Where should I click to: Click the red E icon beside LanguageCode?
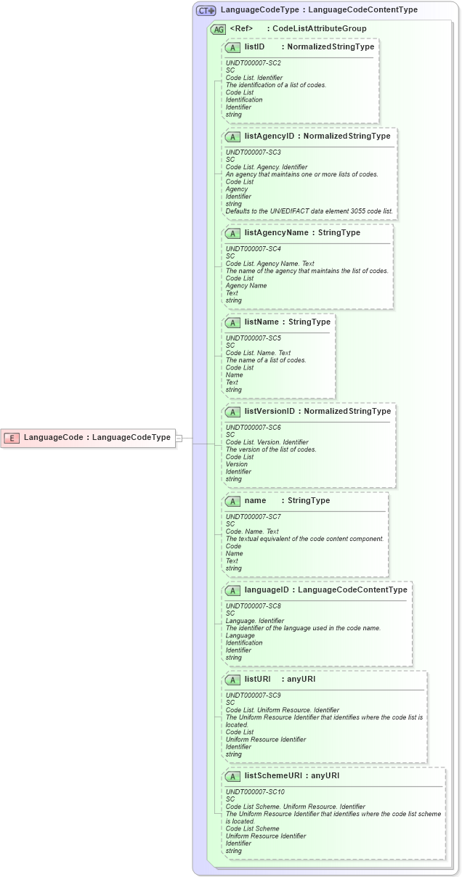pyautogui.click(x=12, y=438)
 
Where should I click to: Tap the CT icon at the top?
pyautogui.click(x=206, y=10)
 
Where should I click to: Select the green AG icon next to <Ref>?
pyautogui.click(x=218, y=30)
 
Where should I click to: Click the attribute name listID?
pyautogui.click(x=255, y=46)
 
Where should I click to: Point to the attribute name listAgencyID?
pyautogui.click(x=269, y=136)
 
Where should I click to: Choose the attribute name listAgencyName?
pyautogui.click(x=276, y=233)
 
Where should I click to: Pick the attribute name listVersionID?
pyautogui.click(x=269, y=412)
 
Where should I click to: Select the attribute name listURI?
pyautogui.click(x=258, y=680)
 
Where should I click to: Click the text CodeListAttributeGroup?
pyautogui.click(x=319, y=29)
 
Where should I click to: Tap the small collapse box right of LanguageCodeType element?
pyautogui.click(x=179, y=438)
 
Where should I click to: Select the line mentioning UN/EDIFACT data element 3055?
pyautogui.click(x=309, y=211)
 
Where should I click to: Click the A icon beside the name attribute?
pyautogui.click(x=232, y=502)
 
